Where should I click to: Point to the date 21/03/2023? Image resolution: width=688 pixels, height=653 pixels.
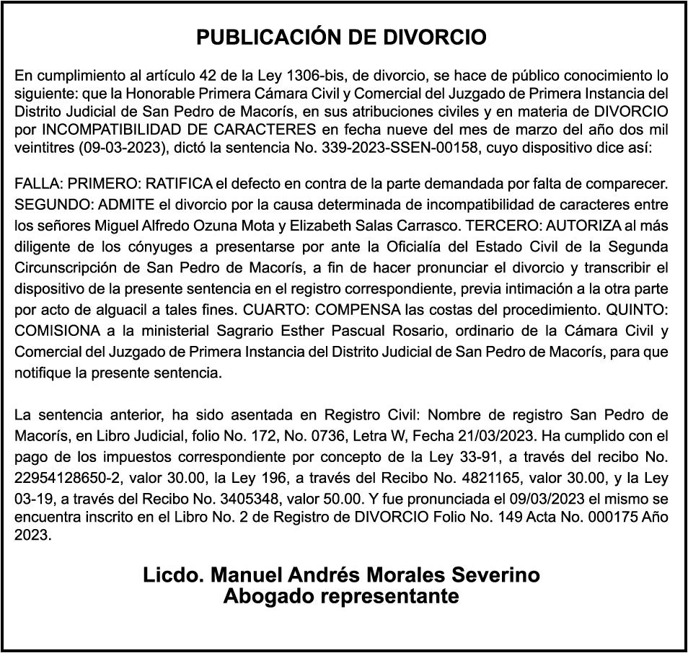(500, 437)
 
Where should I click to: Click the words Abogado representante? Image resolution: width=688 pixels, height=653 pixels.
(341, 597)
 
